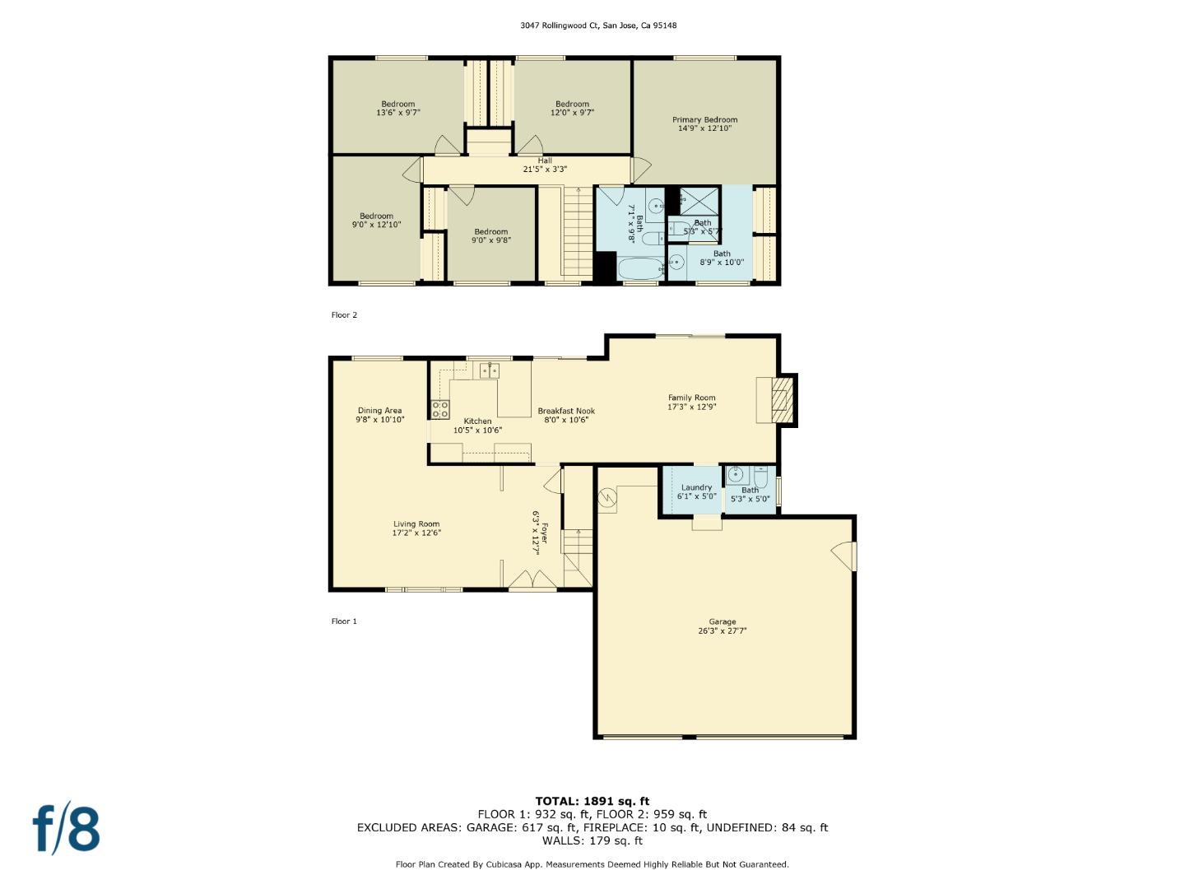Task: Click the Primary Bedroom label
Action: coord(704,120)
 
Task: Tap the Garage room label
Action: coord(722,622)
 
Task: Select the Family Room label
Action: coord(691,398)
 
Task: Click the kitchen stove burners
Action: coord(440,409)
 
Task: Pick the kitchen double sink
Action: coord(490,370)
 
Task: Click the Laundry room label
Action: coord(696,487)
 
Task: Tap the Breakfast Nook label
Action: coord(566,411)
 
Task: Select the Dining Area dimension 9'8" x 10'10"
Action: coord(380,420)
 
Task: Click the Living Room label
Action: coord(416,524)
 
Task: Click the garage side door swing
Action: coord(843,556)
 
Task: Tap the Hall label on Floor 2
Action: coord(545,161)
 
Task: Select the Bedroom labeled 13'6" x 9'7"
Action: coord(398,109)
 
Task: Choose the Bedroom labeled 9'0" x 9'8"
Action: coord(490,236)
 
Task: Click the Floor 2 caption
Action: coord(344,315)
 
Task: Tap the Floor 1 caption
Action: coord(344,621)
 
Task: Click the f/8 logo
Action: coord(66,829)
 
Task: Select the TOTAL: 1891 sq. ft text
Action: coord(592,801)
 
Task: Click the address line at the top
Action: coord(598,26)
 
